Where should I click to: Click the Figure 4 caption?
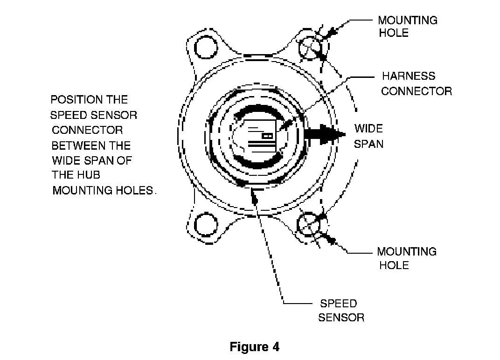pyautogui.click(x=254, y=346)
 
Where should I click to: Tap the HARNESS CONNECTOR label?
pyautogui.click(x=417, y=83)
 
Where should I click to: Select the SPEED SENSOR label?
pyautogui.click(x=341, y=310)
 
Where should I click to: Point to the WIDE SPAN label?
pyautogui.click(x=368, y=136)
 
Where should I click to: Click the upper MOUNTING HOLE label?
pyautogui.click(x=408, y=27)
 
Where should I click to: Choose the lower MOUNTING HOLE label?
pyautogui.click(x=407, y=258)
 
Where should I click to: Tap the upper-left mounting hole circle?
pyautogui.click(x=206, y=48)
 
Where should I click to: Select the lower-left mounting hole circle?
pyautogui.click(x=206, y=224)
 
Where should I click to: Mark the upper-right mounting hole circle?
pyautogui.click(x=310, y=48)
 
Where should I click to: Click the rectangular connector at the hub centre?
pyautogui.click(x=262, y=136)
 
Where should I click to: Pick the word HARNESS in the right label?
pyautogui.click(x=409, y=76)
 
